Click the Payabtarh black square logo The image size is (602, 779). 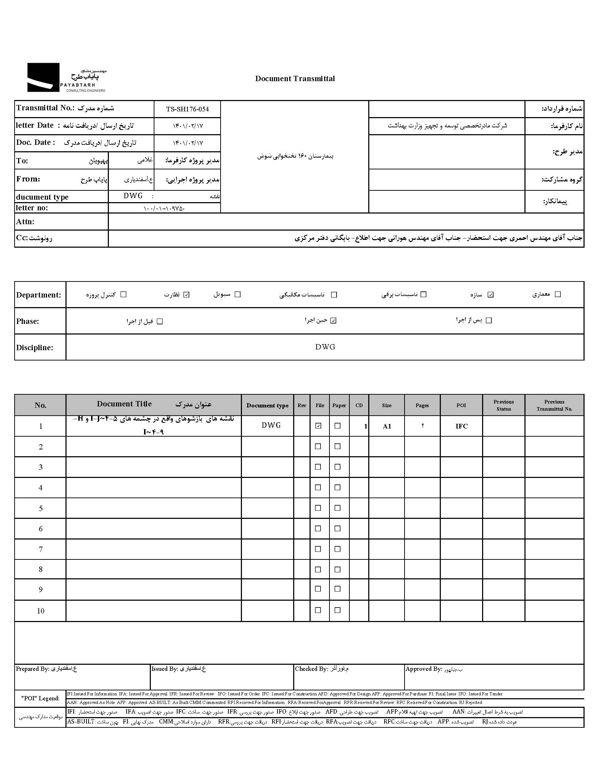[x=43, y=77]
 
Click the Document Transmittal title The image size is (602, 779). [x=295, y=79]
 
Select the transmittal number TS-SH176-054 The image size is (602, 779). [x=187, y=109]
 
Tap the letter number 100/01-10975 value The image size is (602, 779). [x=164, y=208]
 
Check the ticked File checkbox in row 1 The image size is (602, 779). [x=318, y=426]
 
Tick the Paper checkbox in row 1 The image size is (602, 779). [x=337, y=426]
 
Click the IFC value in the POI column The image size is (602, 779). [x=461, y=426]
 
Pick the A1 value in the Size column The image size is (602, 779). [x=387, y=426]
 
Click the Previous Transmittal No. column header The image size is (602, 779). [x=554, y=405]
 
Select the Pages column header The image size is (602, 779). [x=422, y=405]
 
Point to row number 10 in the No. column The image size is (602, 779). [x=41, y=611]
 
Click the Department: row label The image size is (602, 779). [x=38, y=295]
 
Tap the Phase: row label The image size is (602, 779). [x=27, y=321]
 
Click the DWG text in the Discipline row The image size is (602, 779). [x=325, y=347]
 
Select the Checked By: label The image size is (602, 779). [x=311, y=669]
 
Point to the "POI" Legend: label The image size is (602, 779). [x=40, y=698]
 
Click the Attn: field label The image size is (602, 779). [x=25, y=221]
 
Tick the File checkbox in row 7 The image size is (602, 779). [x=318, y=549]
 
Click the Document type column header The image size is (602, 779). [x=267, y=405]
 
